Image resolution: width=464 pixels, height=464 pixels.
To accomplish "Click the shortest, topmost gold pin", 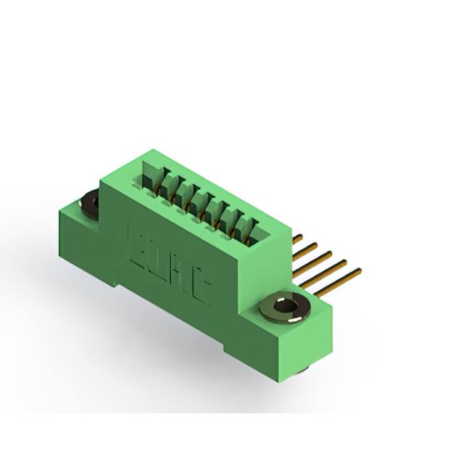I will tap(297, 239).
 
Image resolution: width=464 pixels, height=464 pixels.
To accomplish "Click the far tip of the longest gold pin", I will tap(358, 272).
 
